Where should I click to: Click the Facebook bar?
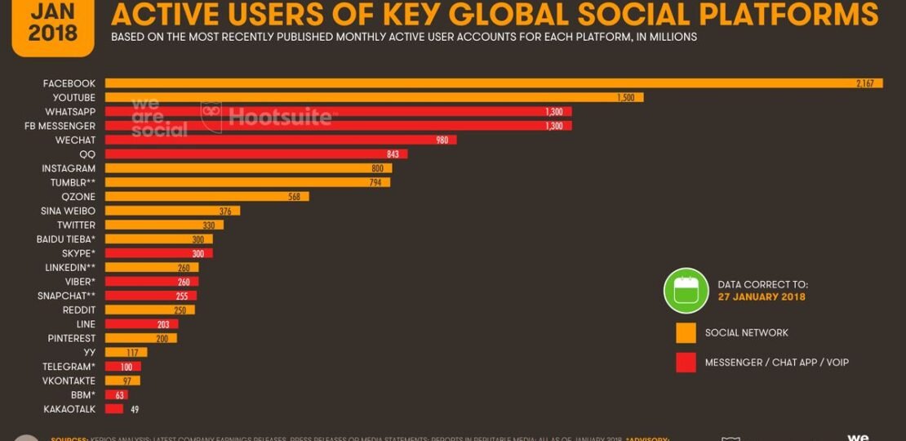[x=490, y=83]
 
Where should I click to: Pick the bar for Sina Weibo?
[x=171, y=211]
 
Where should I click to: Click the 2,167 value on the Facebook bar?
[x=865, y=83]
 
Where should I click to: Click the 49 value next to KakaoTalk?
[x=135, y=409]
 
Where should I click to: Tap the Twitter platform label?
[x=76, y=225]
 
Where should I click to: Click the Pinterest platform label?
[x=72, y=338]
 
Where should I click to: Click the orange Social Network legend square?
[x=686, y=333]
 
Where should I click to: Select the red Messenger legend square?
[x=686, y=363]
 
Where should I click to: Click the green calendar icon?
[x=686, y=291]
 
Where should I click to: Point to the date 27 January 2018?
[x=762, y=297]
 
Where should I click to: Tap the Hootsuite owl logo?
[x=211, y=117]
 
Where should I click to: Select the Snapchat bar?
[x=150, y=296]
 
